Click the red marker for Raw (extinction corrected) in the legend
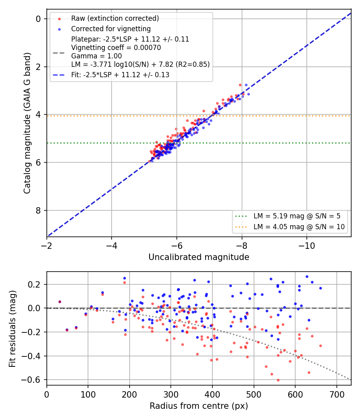pos(60,19)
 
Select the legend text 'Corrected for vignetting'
pos(111,29)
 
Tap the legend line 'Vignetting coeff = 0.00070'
pos(116,48)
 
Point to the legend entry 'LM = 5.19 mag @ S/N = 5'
pos(297,216)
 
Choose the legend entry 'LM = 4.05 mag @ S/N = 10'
pos(299,227)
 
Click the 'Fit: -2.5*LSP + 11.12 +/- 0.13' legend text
pos(120,75)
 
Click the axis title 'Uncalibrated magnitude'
pos(199,257)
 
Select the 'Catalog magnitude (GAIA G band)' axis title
pos(27,123)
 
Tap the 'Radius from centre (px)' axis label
pos(199,406)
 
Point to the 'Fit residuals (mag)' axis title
pos(12,329)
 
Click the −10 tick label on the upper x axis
pos(307,246)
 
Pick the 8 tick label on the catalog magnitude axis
pos(38,210)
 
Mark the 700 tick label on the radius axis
pos(337,394)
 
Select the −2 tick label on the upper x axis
pos(46,246)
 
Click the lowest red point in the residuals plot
pos(278,380)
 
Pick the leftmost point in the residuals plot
pos(60,302)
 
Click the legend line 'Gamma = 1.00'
pos(96,56)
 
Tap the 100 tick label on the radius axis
pos(88,394)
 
